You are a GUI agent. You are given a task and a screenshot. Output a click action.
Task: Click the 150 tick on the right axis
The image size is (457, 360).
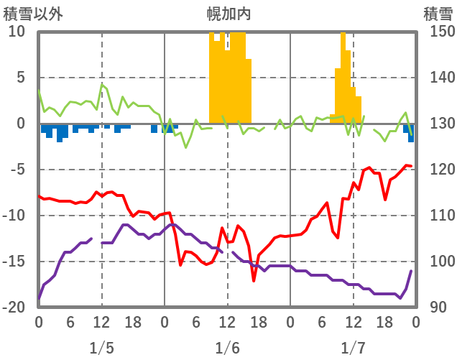435,32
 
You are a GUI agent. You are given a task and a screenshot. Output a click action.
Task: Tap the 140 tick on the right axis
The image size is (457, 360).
435,78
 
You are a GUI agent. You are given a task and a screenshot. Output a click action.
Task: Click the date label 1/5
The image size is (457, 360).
101,349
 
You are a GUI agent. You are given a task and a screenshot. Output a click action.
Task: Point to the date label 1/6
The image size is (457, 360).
227,349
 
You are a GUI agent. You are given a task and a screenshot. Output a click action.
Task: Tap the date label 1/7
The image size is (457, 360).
353,349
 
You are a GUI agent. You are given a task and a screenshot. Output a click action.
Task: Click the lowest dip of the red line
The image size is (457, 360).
254,280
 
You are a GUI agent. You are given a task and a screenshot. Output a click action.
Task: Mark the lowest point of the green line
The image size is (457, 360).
186,147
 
